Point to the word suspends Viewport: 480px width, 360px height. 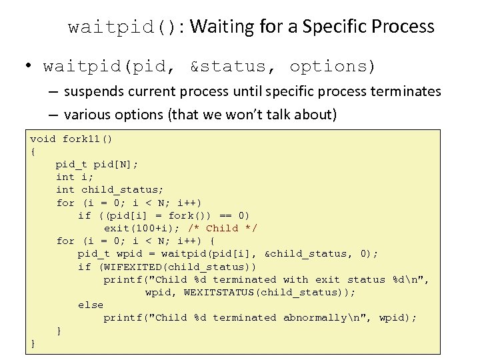[x=97, y=91]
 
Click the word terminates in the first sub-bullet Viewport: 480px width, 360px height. [x=408, y=91]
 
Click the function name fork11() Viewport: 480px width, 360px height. [x=87, y=139]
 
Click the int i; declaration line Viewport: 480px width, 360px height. [x=75, y=177]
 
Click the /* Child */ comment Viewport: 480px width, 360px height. [x=223, y=228]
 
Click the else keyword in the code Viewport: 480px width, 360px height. [x=91, y=305]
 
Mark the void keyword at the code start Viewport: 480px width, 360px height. [x=43, y=139]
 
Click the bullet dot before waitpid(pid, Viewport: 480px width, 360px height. [x=29, y=66]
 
